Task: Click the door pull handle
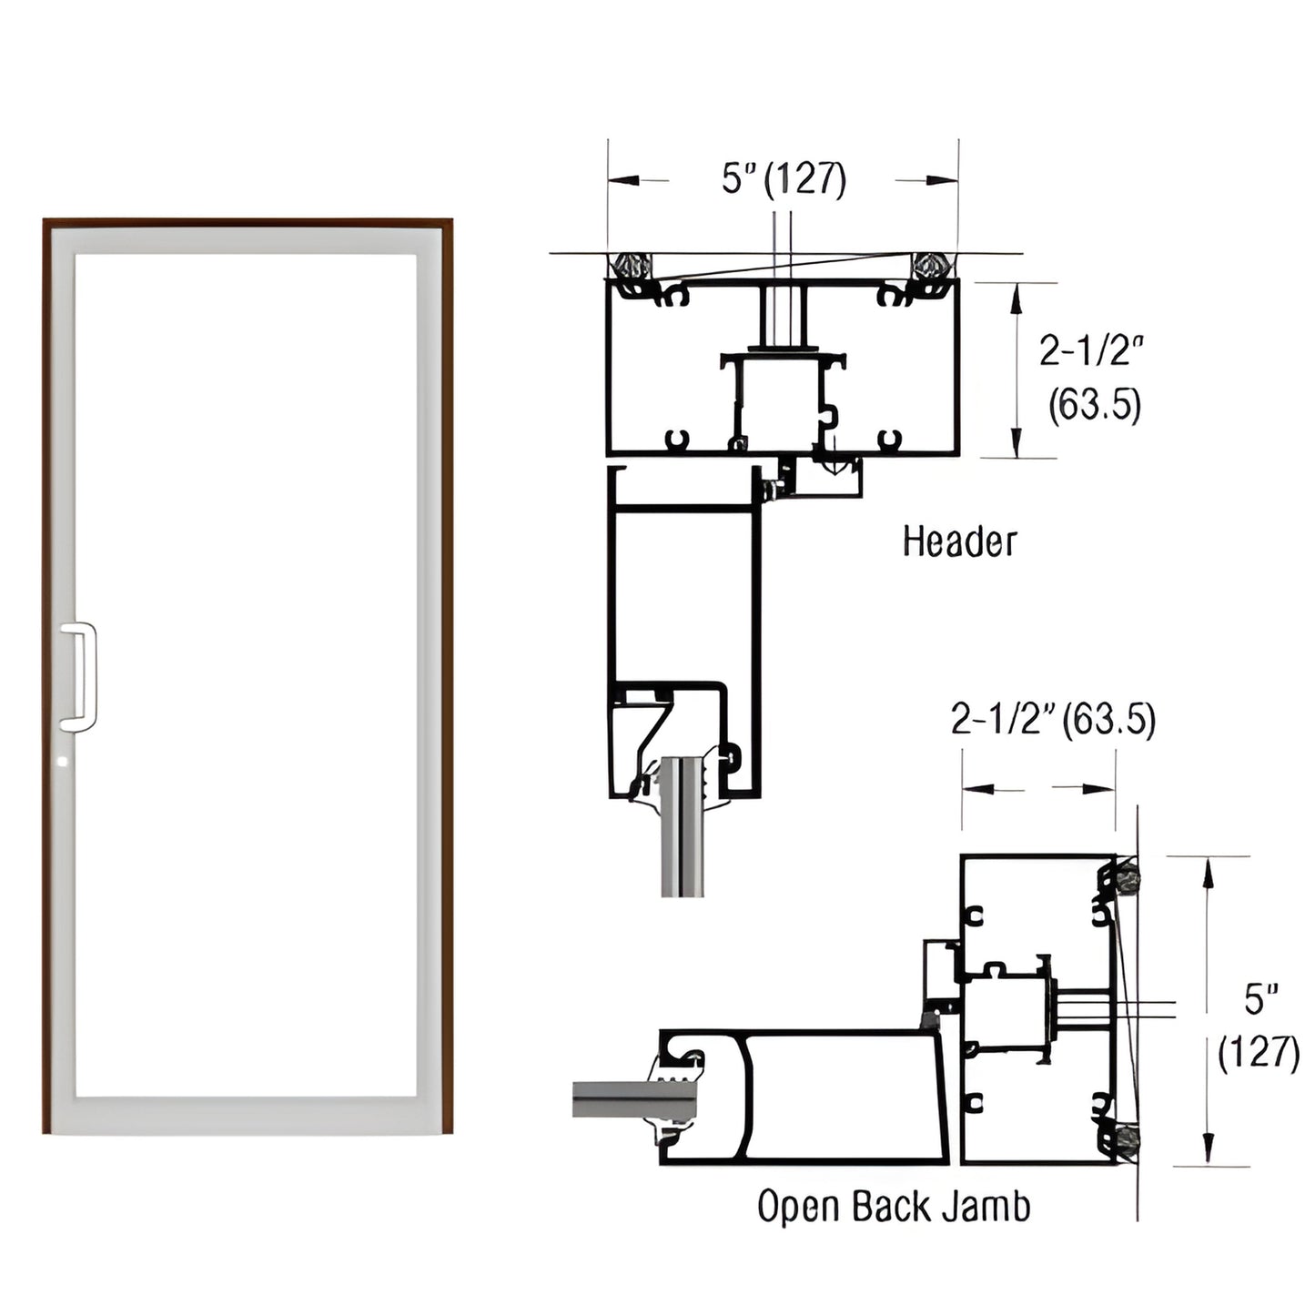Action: pos(80,677)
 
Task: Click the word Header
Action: pos(958,541)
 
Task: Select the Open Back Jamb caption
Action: pos(894,1207)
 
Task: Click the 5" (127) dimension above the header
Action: pos(784,178)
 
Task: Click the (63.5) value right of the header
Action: pos(1094,405)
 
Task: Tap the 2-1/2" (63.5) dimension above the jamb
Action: pos(1053,720)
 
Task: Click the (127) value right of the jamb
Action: pos(1259,1053)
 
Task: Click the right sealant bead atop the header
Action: pos(932,266)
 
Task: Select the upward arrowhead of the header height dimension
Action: pos(1016,293)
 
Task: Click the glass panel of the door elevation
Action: pos(246,673)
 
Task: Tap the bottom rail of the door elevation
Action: pos(246,1115)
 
